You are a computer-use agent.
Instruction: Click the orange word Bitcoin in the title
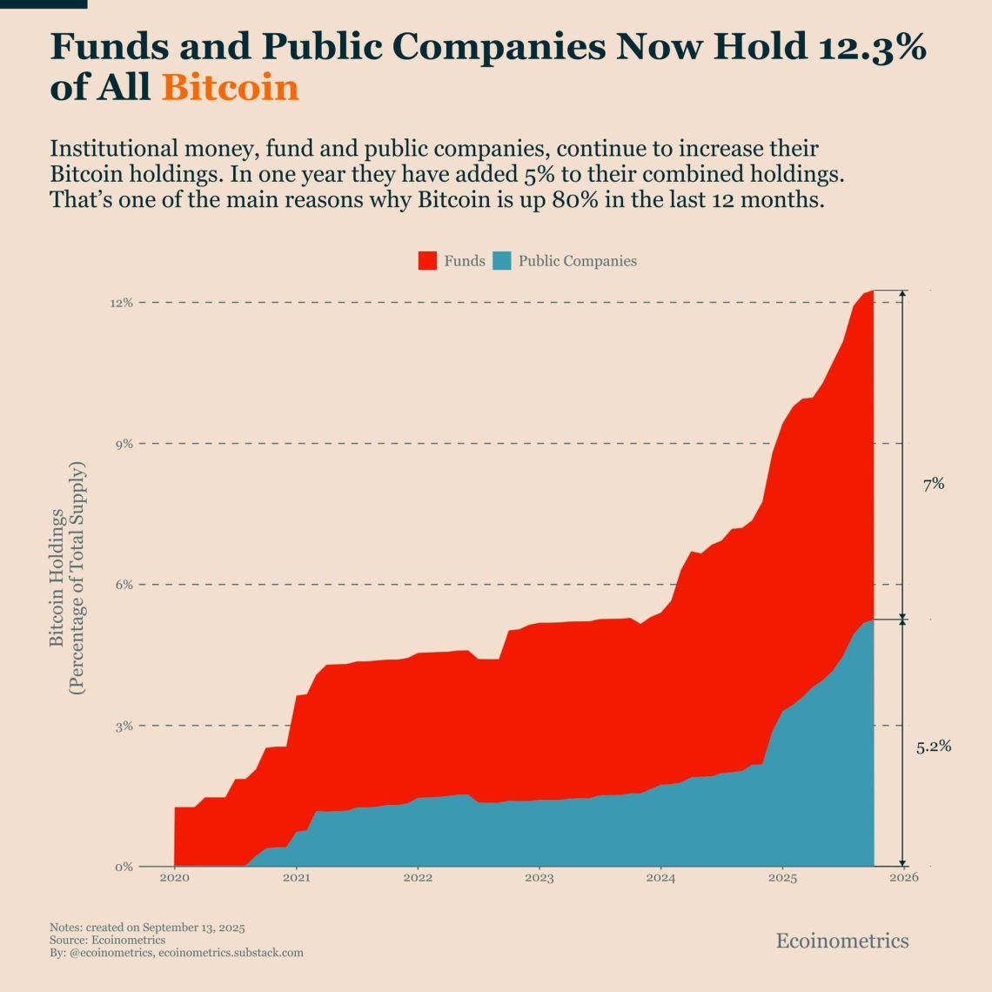(231, 88)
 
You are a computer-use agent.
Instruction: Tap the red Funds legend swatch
(427, 261)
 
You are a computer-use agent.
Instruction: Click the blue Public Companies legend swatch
(502, 261)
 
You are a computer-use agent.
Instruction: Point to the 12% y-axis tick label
(121, 303)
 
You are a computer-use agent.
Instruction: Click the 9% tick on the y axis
(124, 444)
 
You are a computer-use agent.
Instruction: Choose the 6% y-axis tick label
(124, 585)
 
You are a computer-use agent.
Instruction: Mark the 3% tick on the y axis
(124, 726)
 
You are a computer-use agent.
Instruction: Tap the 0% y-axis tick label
(124, 867)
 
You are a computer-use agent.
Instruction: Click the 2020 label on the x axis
(174, 878)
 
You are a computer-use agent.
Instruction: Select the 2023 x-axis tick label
(540, 878)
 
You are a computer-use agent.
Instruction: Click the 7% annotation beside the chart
(934, 485)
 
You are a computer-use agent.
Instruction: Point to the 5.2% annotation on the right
(934, 747)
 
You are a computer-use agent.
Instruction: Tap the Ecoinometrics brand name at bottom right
(842, 941)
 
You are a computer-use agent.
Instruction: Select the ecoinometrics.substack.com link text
(231, 953)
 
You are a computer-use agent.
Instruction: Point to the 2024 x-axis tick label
(661, 878)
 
